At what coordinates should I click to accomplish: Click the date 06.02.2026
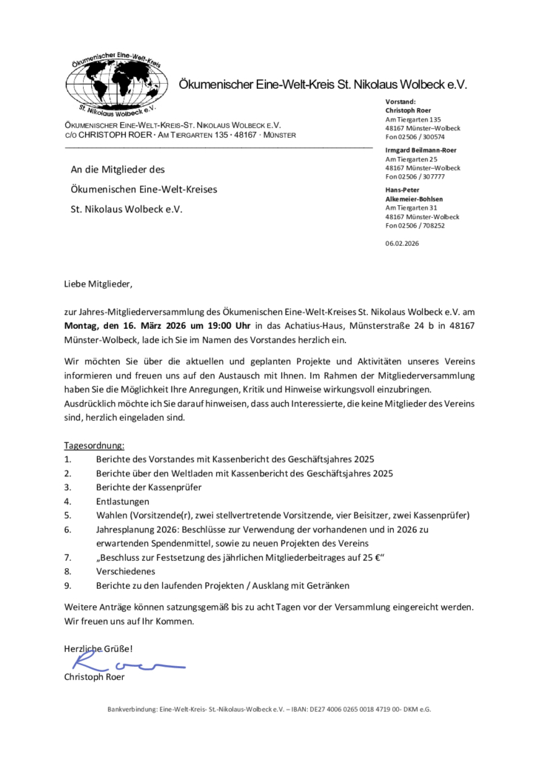pos(402,243)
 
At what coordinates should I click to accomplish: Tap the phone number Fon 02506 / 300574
pos(415,137)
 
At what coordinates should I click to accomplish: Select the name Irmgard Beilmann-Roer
pos(421,150)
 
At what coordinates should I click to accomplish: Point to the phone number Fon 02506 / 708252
pos(415,225)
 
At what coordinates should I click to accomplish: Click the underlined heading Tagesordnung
pos(95,446)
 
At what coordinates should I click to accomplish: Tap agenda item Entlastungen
pos(123,501)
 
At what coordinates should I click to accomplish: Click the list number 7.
pos(67,557)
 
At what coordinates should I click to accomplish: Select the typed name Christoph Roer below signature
pos(94,678)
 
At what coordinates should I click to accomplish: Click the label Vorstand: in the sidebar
pos(401,101)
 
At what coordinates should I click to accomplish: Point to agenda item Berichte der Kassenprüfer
pos(149,487)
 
